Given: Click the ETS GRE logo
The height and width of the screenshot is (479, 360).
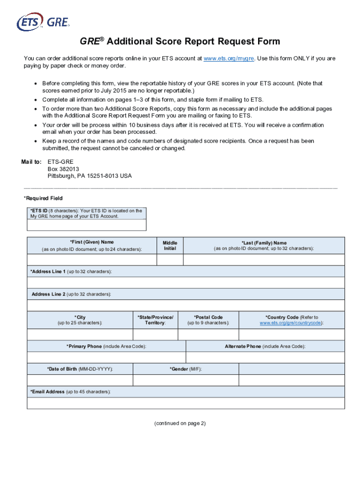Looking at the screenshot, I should click(x=43, y=22).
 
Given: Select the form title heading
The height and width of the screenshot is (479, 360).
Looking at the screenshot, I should click(x=180, y=42).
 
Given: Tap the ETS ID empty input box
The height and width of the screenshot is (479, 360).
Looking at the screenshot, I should click(x=86, y=225).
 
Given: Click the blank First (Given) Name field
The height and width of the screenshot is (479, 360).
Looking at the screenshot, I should click(x=92, y=260).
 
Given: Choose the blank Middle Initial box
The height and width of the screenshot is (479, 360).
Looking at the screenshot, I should click(x=170, y=260).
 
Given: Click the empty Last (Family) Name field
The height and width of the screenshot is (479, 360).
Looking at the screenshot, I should click(x=264, y=260).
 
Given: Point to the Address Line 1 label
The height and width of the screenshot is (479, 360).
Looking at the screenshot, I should click(x=71, y=271).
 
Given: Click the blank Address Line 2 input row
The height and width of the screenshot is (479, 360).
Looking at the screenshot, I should click(x=186, y=305).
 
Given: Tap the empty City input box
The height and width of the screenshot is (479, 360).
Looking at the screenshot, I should click(x=79, y=334).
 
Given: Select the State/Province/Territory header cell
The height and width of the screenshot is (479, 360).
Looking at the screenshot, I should click(x=155, y=320).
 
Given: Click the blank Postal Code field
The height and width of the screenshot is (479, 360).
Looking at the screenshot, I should click(x=208, y=334).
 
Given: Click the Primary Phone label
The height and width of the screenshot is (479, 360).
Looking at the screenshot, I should click(x=106, y=346).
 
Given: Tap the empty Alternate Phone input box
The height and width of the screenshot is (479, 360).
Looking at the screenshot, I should click(x=265, y=357).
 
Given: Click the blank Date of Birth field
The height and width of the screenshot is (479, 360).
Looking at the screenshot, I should click(x=79, y=380).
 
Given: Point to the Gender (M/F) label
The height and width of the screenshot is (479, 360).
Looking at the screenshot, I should click(x=186, y=369).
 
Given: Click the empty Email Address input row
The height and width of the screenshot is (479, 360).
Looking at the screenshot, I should click(x=186, y=403).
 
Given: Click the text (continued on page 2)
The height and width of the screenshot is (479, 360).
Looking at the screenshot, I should click(x=180, y=423).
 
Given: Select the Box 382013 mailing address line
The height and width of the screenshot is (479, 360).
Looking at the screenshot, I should click(x=63, y=169).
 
